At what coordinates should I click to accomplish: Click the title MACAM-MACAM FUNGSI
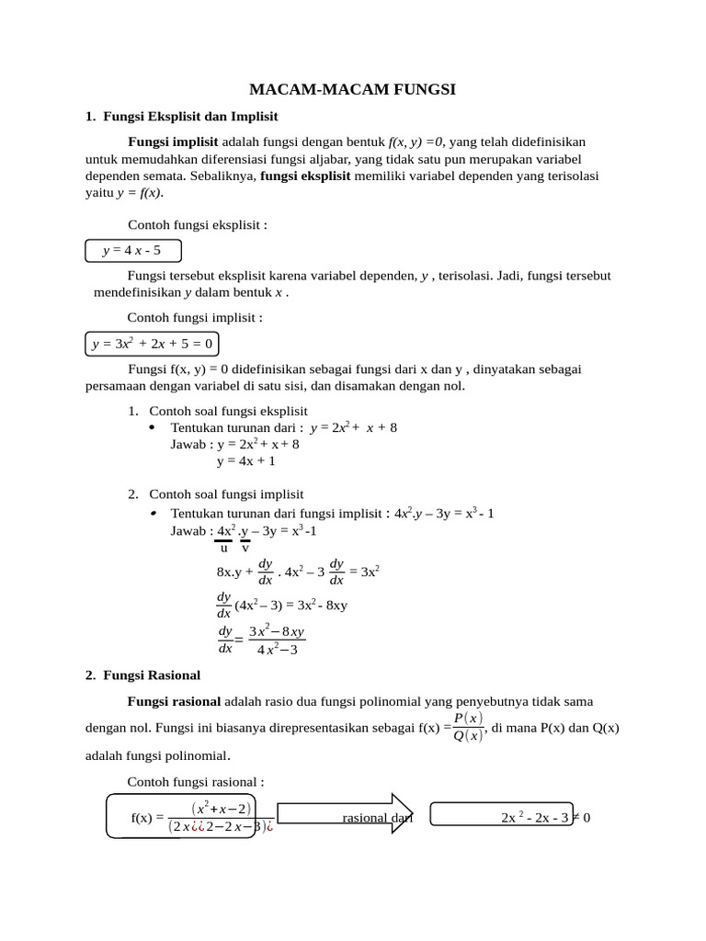click(353, 89)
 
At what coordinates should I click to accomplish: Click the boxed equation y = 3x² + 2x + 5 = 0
click(153, 345)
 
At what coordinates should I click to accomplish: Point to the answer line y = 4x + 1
click(245, 461)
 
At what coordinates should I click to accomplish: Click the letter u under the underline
click(223, 549)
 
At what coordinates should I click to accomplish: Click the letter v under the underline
click(245, 549)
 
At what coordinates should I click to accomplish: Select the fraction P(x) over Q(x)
click(469, 726)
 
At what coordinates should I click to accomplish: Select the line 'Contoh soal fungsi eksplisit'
click(228, 411)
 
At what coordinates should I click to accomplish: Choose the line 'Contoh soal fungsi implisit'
click(226, 494)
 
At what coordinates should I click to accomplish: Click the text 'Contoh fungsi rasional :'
click(195, 782)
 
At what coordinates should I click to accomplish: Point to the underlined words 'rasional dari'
click(377, 817)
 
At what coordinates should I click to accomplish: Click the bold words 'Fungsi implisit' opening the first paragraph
click(173, 142)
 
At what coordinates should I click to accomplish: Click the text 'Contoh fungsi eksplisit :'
click(198, 225)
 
